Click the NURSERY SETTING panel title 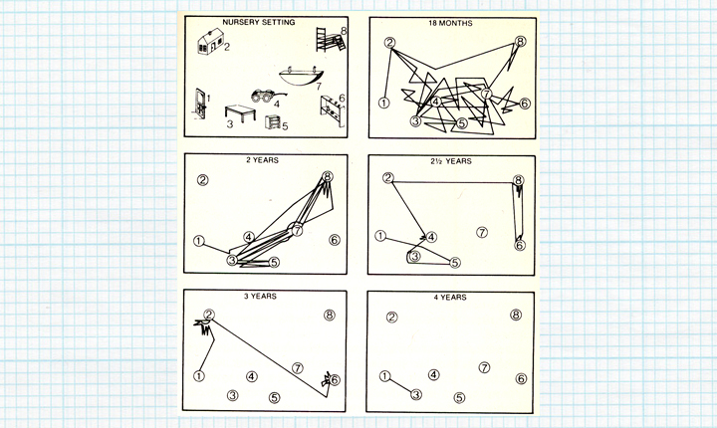click(258, 22)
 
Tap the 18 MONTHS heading click(450, 23)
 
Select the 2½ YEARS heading click(450, 161)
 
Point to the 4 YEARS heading click(450, 298)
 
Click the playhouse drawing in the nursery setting click(210, 41)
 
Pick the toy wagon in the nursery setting click(268, 96)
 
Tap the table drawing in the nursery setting click(240, 112)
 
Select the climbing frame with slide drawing click(330, 40)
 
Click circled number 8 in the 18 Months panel click(520, 42)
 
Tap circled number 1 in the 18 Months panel click(384, 103)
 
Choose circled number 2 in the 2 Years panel click(202, 180)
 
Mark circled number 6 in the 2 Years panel click(335, 240)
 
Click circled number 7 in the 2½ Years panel click(482, 232)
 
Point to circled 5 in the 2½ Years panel click(455, 263)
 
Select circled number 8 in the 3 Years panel click(330, 316)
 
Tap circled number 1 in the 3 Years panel click(199, 376)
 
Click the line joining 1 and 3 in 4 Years click(400, 385)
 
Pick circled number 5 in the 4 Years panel click(459, 398)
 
